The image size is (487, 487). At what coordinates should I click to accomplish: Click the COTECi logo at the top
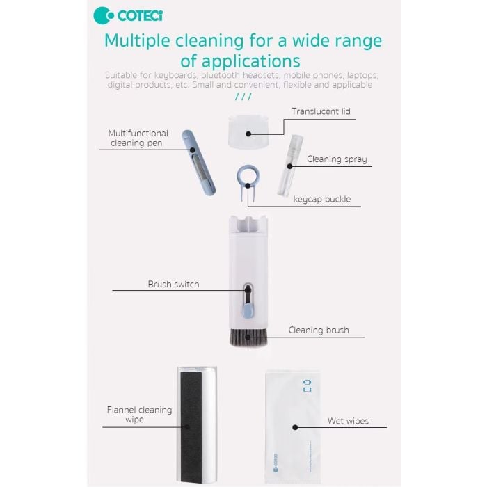pyautogui.click(x=128, y=15)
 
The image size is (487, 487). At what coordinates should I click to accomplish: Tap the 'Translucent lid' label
pyautogui.click(x=321, y=111)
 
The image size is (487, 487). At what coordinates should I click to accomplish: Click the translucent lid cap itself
pyautogui.click(x=248, y=131)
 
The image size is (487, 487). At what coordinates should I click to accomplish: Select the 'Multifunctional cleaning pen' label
pyautogui.click(x=138, y=138)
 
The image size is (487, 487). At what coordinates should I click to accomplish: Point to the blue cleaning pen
pyautogui.click(x=198, y=163)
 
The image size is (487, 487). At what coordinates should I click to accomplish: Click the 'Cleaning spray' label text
pyautogui.click(x=337, y=159)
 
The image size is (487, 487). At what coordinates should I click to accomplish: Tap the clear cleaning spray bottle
pyautogui.click(x=289, y=166)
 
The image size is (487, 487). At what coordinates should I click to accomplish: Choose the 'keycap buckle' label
pyautogui.click(x=321, y=199)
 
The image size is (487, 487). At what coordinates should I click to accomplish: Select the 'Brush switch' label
pyautogui.click(x=173, y=284)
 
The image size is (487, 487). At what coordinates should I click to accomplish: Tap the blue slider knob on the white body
pyautogui.click(x=248, y=311)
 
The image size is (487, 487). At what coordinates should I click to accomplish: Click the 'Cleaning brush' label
pyautogui.click(x=319, y=330)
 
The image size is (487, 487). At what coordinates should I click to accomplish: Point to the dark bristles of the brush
pyautogui.click(x=248, y=337)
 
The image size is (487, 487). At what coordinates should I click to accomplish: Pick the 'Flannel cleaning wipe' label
pyautogui.click(x=139, y=415)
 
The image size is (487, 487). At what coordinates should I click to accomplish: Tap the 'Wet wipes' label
pyautogui.click(x=348, y=421)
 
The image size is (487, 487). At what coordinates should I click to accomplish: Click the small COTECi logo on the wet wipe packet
pyautogui.click(x=276, y=463)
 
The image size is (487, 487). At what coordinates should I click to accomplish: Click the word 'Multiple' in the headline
pyautogui.click(x=137, y=41)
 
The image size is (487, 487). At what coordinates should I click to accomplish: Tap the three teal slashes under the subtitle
pyautogui.click(x=243, y=97)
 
